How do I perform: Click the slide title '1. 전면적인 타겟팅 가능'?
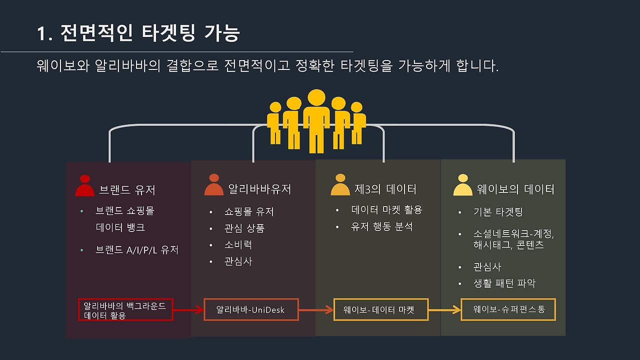coord(138,33)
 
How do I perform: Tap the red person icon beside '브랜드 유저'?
coord(85,186)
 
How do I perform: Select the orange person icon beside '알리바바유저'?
coord(214,185)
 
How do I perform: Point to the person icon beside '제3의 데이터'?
coord(340,185)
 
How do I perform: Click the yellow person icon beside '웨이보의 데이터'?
coord(462,185)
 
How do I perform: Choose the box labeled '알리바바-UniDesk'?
coord(250,310)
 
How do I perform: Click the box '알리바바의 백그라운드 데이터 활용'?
coord(125,310)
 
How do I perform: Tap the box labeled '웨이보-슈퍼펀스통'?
coord(508,310)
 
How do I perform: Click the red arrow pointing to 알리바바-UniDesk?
coord(188,310)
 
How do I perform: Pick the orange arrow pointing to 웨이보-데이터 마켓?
coord(316,310)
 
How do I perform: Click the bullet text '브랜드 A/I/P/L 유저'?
coord(137,250)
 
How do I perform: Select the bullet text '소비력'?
coord(238,245)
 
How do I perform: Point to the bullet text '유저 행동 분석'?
coord(382,227)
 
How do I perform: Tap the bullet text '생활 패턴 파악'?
coord(504,283)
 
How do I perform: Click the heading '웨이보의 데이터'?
coord(515,189)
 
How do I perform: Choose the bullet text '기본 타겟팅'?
coord(497,212)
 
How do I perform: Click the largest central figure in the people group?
coord(316,120)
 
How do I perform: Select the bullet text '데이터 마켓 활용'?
coord(387,210)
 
